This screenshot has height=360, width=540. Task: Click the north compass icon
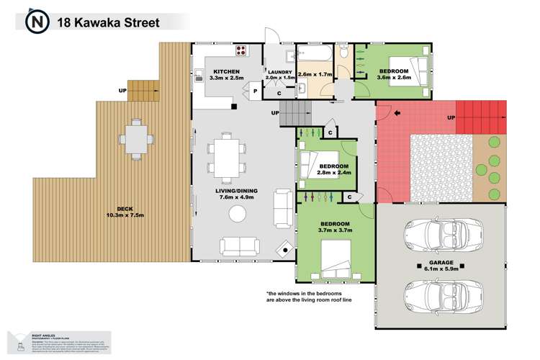37,22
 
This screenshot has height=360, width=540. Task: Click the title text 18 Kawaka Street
112,22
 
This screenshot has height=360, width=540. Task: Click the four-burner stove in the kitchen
240,52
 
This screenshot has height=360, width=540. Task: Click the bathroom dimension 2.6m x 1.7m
314,75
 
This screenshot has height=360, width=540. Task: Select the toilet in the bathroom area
343,51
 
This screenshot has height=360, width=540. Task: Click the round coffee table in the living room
237,213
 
